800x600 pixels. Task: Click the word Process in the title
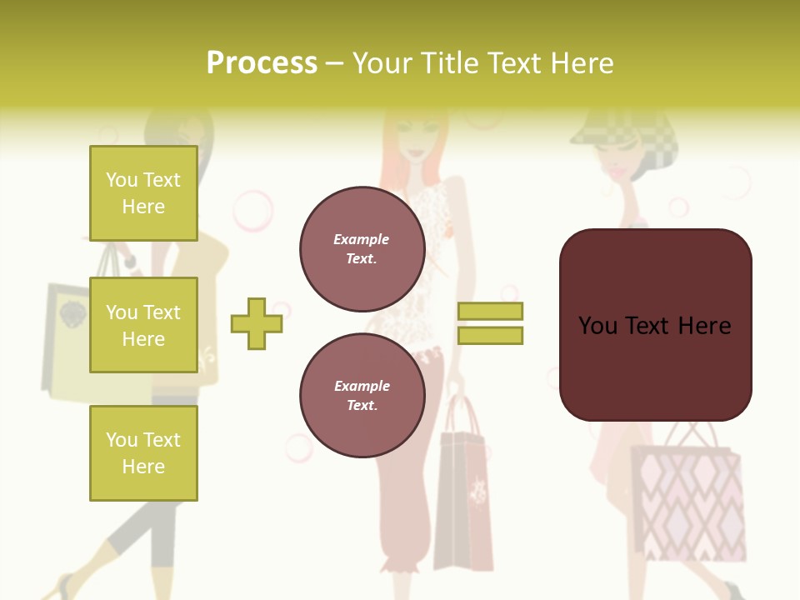262,63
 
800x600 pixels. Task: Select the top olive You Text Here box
143,193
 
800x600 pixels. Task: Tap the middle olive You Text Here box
143,325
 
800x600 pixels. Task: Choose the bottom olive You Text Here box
143,452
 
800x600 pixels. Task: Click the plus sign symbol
256,323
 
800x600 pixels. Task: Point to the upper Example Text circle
362,249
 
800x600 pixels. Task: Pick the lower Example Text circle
362,396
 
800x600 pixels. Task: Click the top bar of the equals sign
490,312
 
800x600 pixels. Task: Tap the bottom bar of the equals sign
490,335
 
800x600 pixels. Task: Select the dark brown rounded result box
655,325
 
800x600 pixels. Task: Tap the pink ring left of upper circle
253,211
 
